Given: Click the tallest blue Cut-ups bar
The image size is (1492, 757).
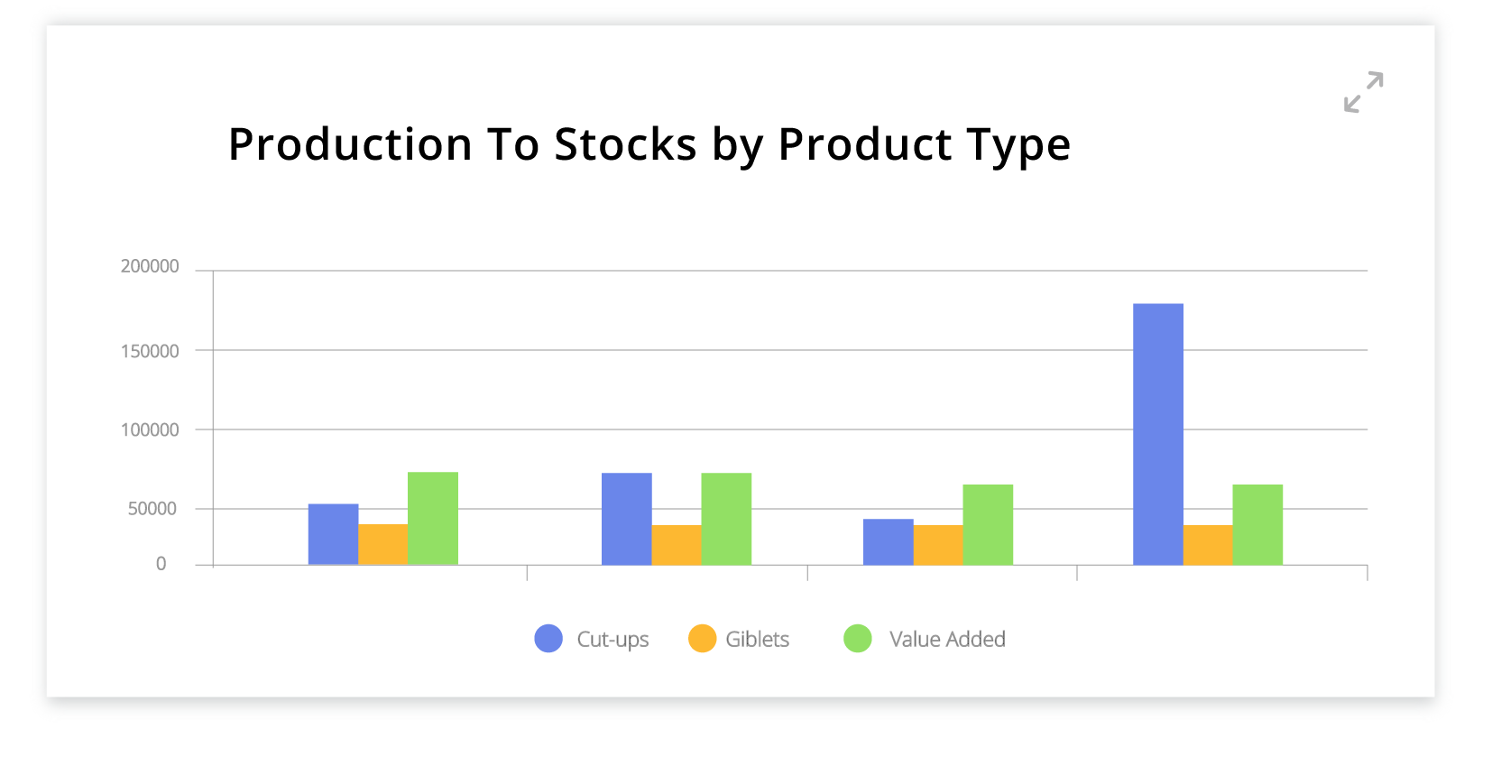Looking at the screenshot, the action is coord(1157,435).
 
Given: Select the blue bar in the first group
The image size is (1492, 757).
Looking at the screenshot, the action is coord(333,534).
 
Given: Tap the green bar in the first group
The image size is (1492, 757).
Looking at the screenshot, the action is coord(433,519).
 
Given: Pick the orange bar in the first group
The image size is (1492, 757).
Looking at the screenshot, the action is coord(383,544).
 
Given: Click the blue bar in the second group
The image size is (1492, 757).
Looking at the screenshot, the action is coord(627,519).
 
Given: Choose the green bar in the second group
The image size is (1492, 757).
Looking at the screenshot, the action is coord(726,519).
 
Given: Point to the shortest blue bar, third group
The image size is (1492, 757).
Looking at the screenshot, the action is coord(889,541).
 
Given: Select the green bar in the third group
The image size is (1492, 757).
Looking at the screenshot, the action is coord(988,524).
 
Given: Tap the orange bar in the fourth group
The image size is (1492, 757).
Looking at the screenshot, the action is coord(1208,545).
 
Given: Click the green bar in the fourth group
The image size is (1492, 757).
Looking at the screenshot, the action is coord(1257,524).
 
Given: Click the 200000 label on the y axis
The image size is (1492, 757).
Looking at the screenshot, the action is coord(150,266).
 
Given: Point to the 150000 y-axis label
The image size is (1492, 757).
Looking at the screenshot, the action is coord(150,351).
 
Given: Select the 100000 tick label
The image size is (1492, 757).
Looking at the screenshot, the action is coord(150,429).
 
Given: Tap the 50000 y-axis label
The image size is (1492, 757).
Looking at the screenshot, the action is coord(152,509).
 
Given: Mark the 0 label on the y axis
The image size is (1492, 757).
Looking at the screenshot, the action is coord(161,564).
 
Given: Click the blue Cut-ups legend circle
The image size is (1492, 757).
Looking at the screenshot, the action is coord(548,639).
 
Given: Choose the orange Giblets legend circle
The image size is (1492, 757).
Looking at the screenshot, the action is coord(702,639).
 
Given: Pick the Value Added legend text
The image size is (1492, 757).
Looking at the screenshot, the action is coord(947,639).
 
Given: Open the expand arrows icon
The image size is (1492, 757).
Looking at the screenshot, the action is coord(1363,92).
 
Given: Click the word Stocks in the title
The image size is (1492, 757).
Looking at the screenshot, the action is coord(625,144).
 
